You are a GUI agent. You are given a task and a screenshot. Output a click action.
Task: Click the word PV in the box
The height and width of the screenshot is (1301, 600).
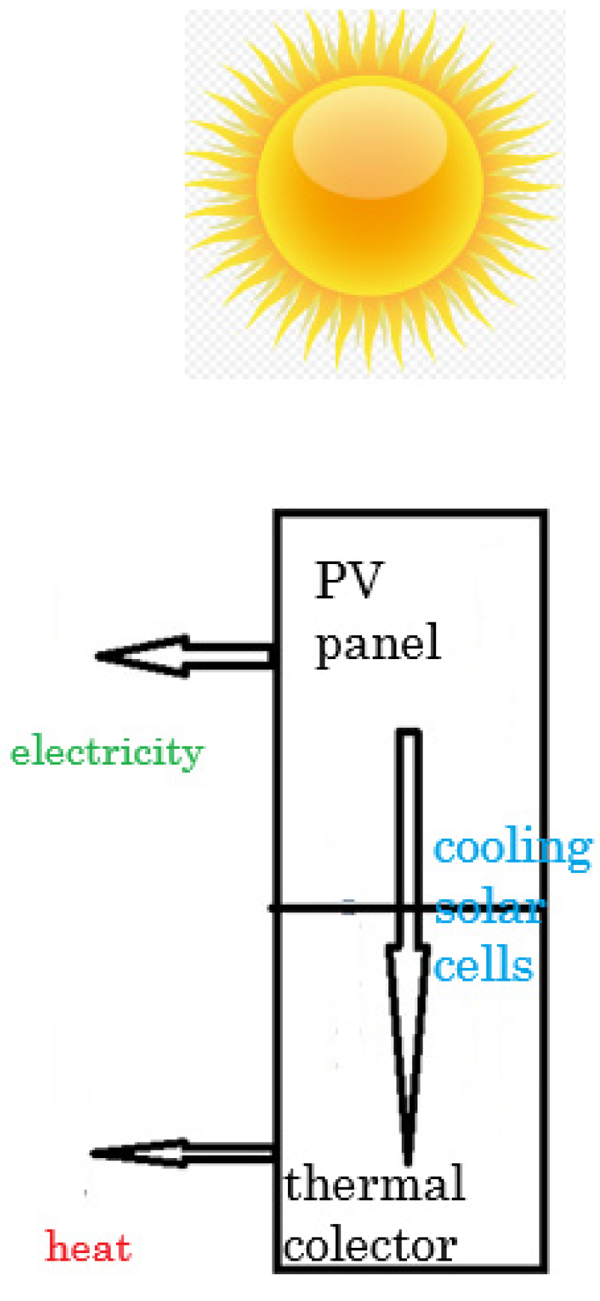click(x=349, y=581)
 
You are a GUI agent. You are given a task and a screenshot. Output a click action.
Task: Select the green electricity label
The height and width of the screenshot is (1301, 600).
click(x=107, y=752)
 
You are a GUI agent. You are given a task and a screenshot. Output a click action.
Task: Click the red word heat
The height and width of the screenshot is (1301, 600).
click(x=89, y=1247)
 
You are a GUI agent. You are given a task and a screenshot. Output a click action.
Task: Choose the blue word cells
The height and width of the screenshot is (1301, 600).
click(x=484, y=965)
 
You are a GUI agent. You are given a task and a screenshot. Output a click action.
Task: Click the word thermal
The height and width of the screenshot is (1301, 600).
click(x=374, y=1184)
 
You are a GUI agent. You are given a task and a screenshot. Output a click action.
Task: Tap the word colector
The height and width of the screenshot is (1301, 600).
click(x=370, y=1246)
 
